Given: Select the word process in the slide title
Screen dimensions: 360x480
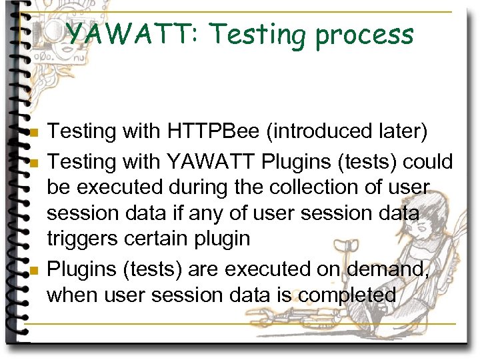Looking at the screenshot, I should pos(365,35).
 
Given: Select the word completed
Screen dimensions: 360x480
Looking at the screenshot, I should pos(348,295).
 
